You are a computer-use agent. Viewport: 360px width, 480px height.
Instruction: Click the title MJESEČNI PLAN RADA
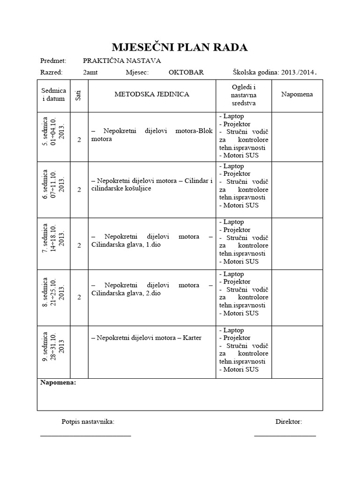pyautogui.click(x=180, y=47)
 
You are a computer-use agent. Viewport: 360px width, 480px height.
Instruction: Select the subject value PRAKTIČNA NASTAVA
pyautogui.click(x=122, y=60)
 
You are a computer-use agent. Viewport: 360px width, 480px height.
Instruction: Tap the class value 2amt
pyautogui.click(x=90, y=73)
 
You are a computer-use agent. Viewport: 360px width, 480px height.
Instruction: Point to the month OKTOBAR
pyautogui.click(x=186, y=73)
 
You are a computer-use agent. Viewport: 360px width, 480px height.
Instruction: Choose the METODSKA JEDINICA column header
pyautogui.click(x=152, y=94)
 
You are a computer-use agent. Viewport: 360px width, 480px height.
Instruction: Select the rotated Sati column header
pyautogui.click(x=79, y=96)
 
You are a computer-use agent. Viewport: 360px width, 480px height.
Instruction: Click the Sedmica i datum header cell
pyautogui.click(x=53, y=95)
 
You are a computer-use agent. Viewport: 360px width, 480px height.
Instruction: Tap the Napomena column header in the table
pyautogui.click(x=297, y=94)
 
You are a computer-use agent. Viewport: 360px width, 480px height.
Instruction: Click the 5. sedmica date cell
pyautogui.click(x=53, y=136)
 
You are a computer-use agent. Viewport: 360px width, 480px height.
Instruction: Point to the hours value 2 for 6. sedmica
pyautogui.click(x=79, y=189)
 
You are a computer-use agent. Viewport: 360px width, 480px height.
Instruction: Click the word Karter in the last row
pyautogui.click(x=192, y=337)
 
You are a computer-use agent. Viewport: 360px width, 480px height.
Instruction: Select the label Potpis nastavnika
pyautogui.click(x=88, y=422)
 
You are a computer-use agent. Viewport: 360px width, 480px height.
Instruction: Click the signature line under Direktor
pyautogui.click(x=285, y=436)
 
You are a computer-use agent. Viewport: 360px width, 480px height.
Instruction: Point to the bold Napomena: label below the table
pyautogui.click(x=58, y=383)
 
